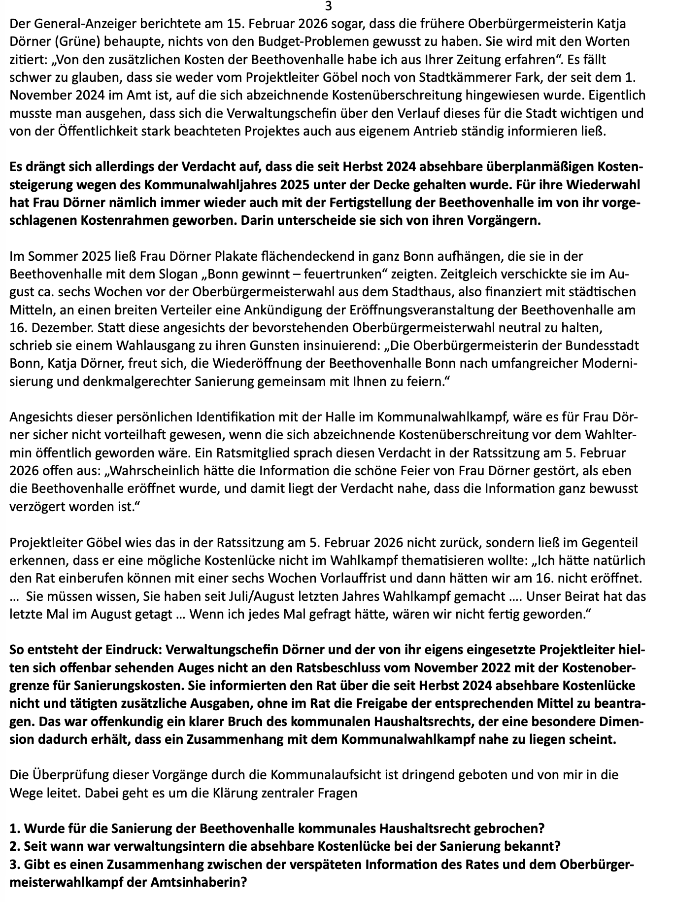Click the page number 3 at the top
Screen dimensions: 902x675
click(329, 6)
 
